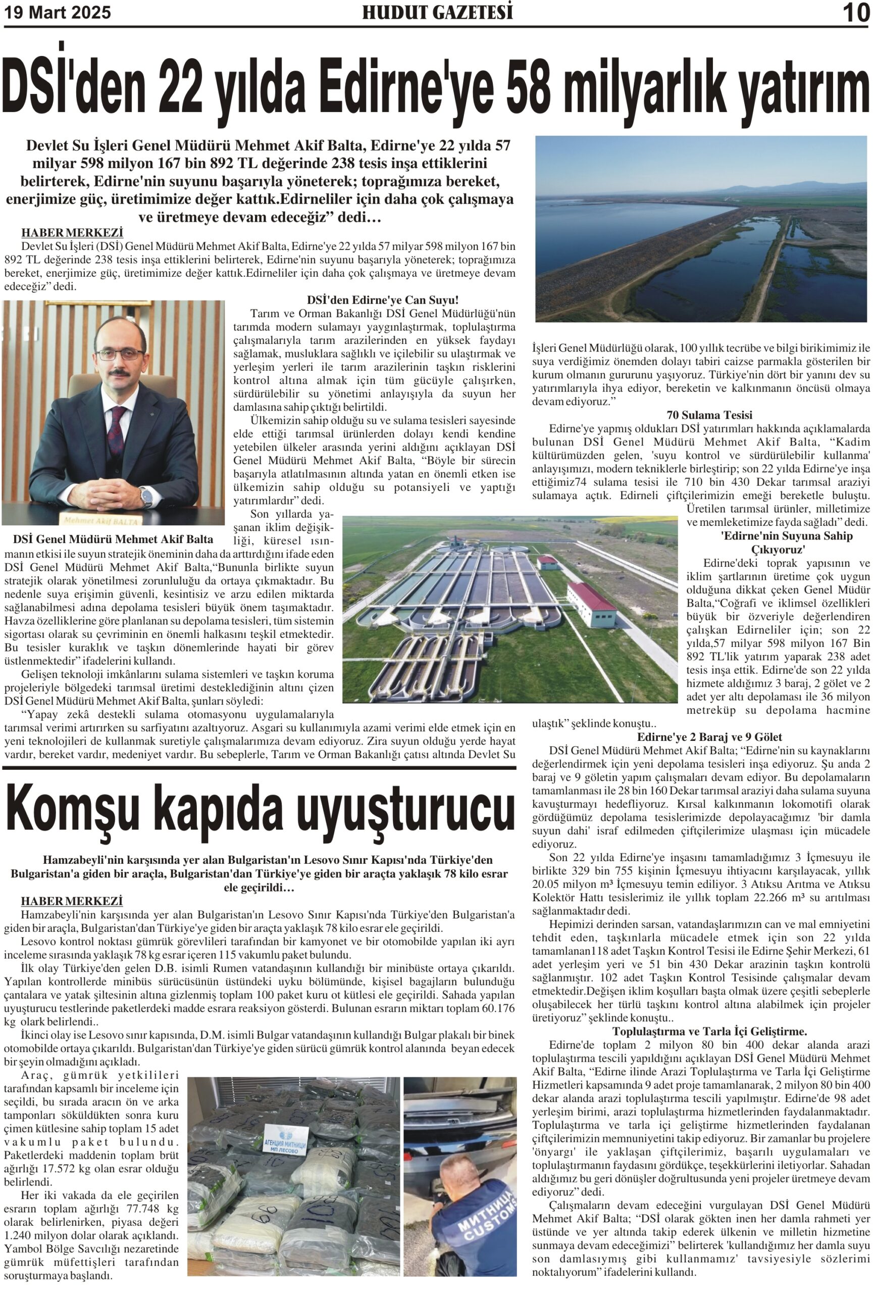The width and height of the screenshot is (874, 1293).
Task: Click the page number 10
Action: pyautogui.click(x=856, y=13)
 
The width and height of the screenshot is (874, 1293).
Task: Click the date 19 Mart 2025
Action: pyautogui.click(x=58, y=12)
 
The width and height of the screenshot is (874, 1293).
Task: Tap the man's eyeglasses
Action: pyautogui.click(x=120, y=354)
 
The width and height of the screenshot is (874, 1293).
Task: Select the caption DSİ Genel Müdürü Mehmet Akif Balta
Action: pyautogui.click(x=113, y=538)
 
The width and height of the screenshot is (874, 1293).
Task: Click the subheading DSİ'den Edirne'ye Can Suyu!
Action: pyautogui.click(x=383, y=301)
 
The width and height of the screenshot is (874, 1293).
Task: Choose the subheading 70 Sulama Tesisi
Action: pyautogui.click(x=709, y=415)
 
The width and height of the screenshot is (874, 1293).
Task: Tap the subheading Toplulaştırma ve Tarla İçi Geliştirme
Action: pyautogui.click(x=709, y=1031)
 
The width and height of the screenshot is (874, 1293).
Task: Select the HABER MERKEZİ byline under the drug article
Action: pyautogui.click(x=72, y=901)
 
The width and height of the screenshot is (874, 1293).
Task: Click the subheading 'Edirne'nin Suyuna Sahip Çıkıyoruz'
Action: pyautogui.click(x=778, y=542)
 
